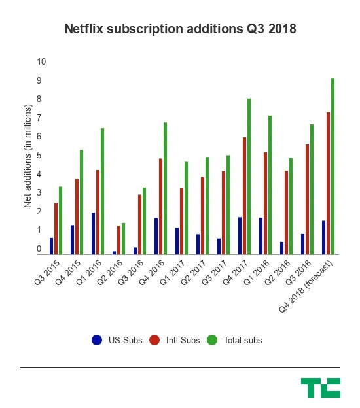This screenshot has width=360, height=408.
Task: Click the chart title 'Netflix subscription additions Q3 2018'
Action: point(179,29)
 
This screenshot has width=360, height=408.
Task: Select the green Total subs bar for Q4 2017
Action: point(249,177)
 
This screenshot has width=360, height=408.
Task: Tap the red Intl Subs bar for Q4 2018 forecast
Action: point(328,183)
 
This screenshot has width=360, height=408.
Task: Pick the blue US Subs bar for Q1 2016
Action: point(94,233)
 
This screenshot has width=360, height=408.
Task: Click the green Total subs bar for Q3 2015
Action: point(60,220)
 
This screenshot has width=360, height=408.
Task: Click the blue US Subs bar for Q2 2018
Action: point(281,248)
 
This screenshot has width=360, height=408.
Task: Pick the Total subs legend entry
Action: point(235,340)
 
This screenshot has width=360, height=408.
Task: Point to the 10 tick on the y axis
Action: point(41,61)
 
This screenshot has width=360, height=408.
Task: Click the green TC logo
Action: point(320,387)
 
